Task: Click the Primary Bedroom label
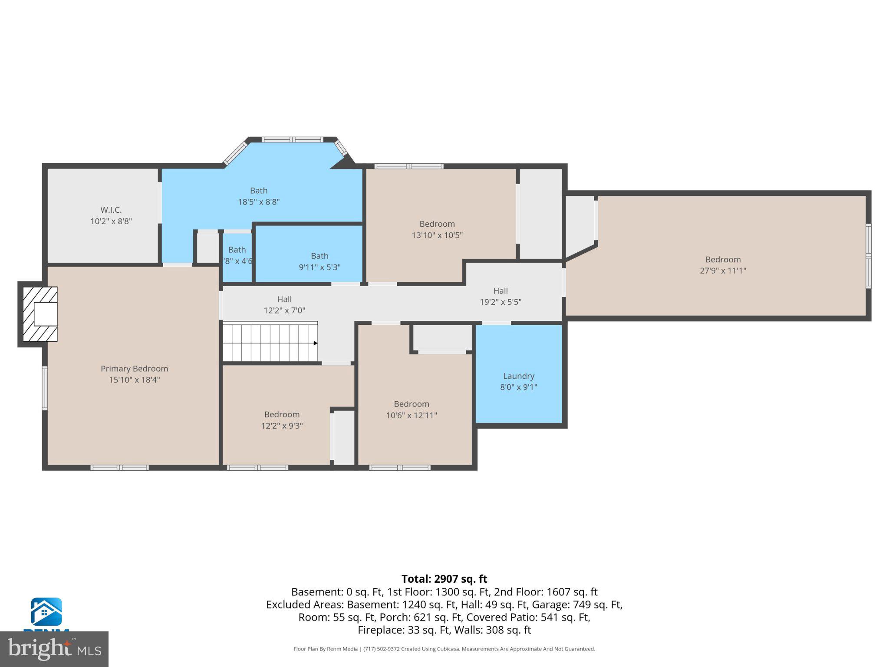click(x=134, y=369)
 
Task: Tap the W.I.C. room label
click(x=111, y=210)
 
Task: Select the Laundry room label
click(x=518, y=376)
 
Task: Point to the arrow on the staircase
click(x=316, y=343)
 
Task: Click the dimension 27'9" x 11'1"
click(x=723, y=271)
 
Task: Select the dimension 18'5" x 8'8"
click(x=259, y=202)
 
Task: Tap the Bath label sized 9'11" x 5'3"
click(x=319, y=256)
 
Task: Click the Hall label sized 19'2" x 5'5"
click(x=500, y=291)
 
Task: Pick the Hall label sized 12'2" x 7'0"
click(x=284, y=299)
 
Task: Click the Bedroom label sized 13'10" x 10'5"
click(x=437, y=224)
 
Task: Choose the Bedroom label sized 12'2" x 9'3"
click(x=282, y=415)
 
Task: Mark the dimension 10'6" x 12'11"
click(x=411, y=416)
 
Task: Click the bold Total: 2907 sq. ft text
click(x=444, y=579)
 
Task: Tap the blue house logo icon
click(x=46, y=611)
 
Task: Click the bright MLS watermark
click(x=54, y=649)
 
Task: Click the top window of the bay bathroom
click(x=293, y=139)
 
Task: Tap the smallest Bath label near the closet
click(x=237, y=250)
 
